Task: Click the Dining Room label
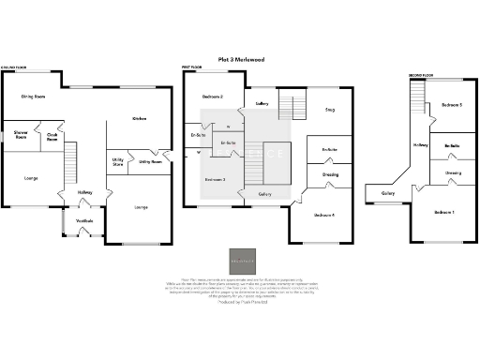34,96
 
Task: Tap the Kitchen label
139,119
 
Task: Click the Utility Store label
118,162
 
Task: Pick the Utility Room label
150,161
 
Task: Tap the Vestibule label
84,221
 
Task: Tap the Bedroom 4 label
323,216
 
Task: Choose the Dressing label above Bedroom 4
330,174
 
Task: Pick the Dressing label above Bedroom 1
453,172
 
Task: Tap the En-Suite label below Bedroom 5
452,146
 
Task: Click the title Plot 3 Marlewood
239,59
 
